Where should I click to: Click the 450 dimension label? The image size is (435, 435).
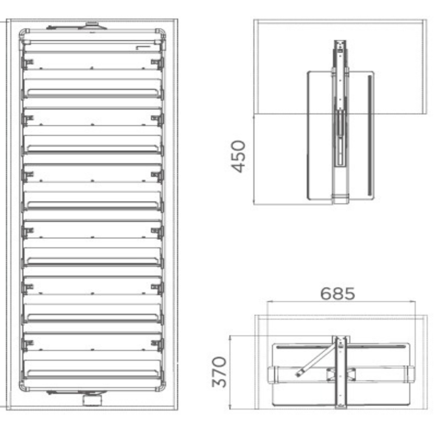[238, 156]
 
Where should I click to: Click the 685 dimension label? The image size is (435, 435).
[338, 294]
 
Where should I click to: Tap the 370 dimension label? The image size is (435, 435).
[219, 372]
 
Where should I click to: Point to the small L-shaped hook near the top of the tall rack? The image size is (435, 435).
[142, 48]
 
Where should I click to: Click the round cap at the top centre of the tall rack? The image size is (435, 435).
[92, 26]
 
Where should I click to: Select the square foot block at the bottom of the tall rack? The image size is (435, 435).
[92, 400]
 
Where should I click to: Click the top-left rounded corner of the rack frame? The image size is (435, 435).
[24, 33]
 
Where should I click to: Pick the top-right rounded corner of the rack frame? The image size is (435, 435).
[161, 33]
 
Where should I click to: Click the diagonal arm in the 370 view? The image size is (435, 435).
[316, 361]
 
